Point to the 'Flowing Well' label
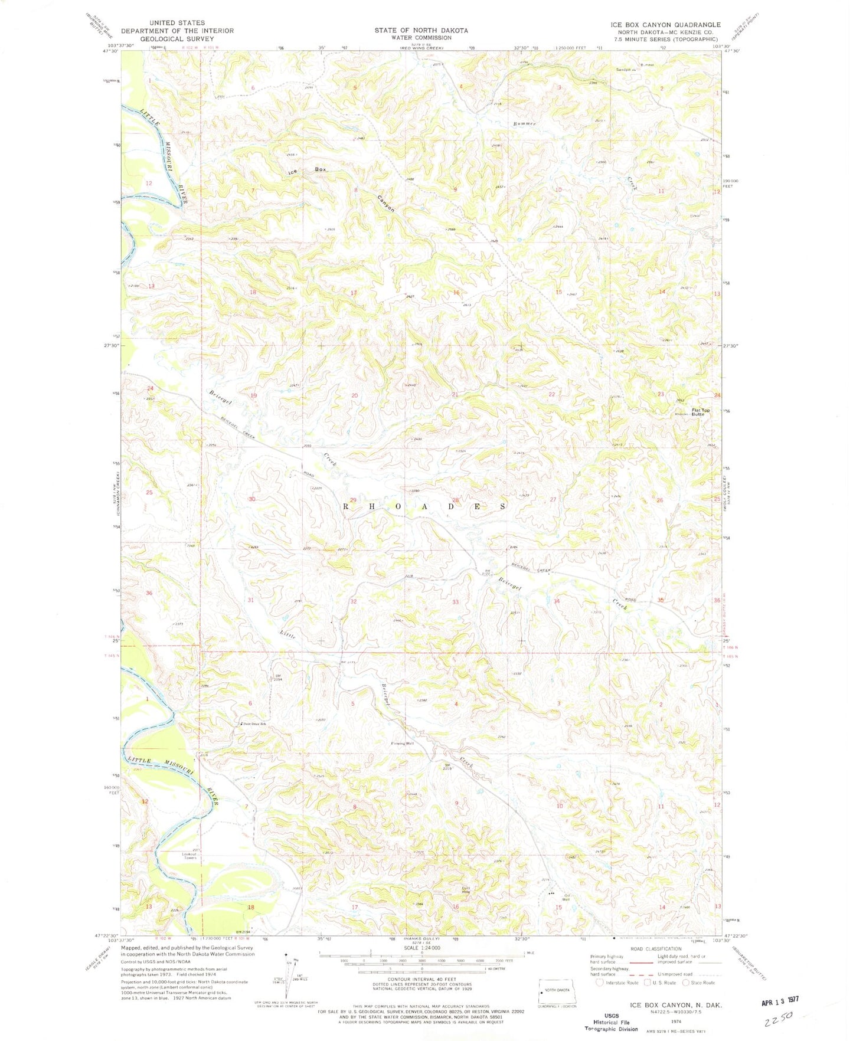pos(401,744)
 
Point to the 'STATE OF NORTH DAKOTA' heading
pos(421,30)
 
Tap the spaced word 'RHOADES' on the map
pos(424,506)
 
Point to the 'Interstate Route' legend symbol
pos(600,983)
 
